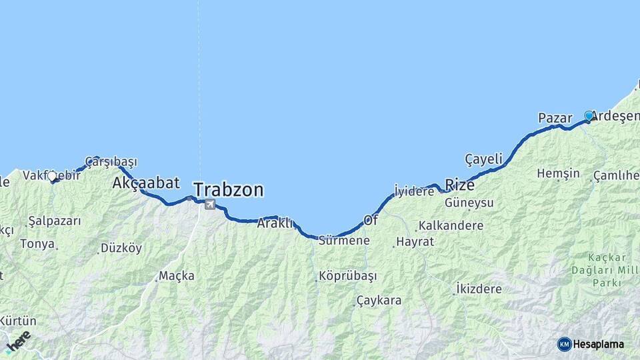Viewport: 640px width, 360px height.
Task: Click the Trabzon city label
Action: [228, 190]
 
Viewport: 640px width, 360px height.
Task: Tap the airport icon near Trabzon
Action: [210, 204]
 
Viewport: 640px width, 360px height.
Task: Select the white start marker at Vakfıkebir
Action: [52, 177]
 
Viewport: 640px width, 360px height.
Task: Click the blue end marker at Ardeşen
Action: [589, 116]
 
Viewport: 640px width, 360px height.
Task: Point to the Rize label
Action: [459, 185]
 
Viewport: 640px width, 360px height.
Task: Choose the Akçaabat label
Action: [146, 182]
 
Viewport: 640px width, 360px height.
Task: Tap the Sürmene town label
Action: [344, 241]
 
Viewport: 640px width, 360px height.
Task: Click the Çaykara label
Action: [379, 301]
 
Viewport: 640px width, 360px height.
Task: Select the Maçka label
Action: [177, 276]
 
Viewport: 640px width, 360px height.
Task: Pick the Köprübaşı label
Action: [347, 276]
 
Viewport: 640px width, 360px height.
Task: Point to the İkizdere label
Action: [479, 289]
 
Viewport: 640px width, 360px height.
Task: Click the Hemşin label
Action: [558, 173]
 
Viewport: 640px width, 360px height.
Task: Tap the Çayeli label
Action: [483, 159]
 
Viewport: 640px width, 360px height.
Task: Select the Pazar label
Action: [555, 118]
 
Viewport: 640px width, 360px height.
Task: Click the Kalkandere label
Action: [449, 225]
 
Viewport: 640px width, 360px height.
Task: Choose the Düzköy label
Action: [121, 248]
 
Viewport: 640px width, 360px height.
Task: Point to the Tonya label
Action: [37, 244]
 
